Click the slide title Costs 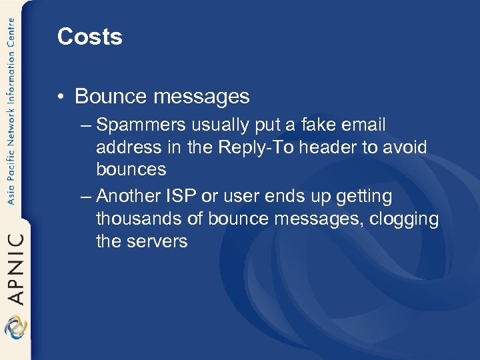pyautogui.click(x=90, y=37)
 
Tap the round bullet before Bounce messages pyautogui.click(x=61, y=97)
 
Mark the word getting pyautogui.click(x=365, y=197)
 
